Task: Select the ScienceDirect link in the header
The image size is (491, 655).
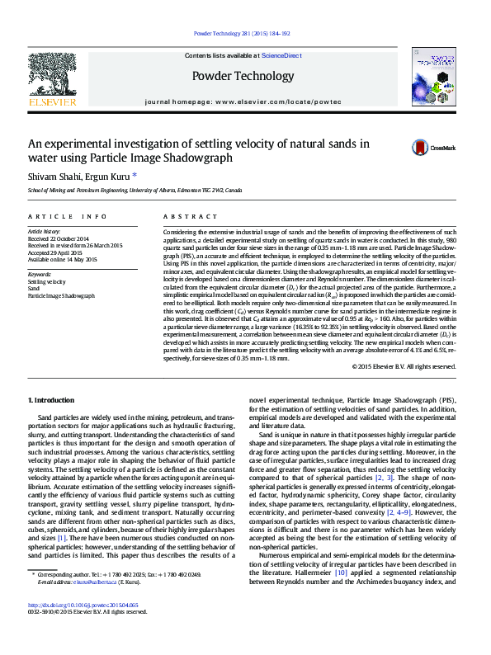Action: click(281, 56)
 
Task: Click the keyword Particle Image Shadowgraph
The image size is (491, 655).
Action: click(61, 295)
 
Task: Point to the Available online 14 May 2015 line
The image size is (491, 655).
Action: click(63, 259)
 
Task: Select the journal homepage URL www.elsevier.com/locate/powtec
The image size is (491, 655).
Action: click(277, 99)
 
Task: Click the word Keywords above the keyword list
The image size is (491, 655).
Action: click(40, 274)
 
